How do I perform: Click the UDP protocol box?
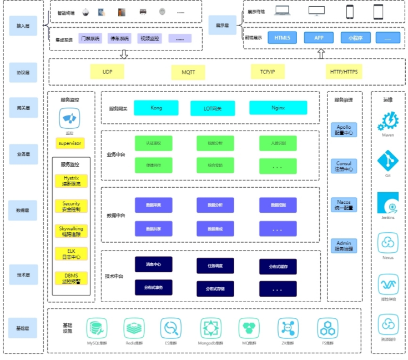pos(107,72)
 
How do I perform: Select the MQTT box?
pos(188,72)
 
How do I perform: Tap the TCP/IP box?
pos(272,72)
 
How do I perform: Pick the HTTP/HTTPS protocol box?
pos(344,72)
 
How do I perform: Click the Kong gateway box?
pos(156,108)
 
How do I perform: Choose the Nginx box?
pos(278,108)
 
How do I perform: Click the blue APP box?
pos(319,38)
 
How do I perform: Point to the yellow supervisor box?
pos(70,143)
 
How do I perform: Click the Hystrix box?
pos(71,181)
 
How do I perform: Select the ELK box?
pos(71,254)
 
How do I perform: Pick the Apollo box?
pos(344,130)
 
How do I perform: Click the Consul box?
pos(344,166)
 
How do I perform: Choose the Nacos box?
pos(344,204)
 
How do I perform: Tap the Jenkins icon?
pos(388,203)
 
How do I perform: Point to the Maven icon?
pos(388,121)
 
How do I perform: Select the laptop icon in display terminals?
pos(282,11)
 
